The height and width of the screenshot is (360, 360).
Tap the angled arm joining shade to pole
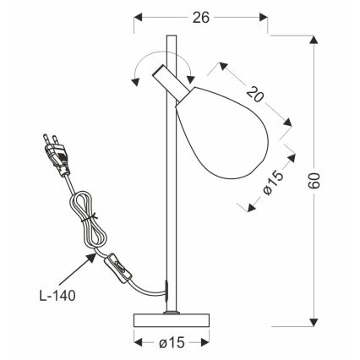(169, 83)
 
